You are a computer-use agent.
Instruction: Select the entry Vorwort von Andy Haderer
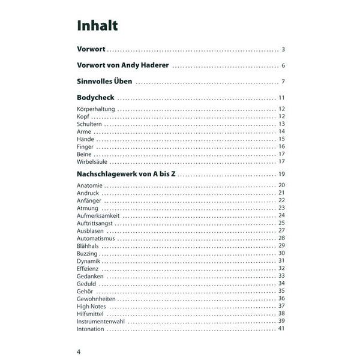(122, 65)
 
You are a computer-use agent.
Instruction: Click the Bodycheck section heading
(95, 97)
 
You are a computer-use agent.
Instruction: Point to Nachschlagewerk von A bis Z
(126, 173)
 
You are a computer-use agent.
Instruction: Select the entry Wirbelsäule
(93, 161)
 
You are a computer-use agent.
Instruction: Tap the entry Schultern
(90, 124)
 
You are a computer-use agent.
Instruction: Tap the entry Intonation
(91, 329)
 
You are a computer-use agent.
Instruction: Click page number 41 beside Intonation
(281, 329)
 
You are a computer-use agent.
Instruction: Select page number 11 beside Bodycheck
(281, 97)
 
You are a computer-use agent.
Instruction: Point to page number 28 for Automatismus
(281, 238)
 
